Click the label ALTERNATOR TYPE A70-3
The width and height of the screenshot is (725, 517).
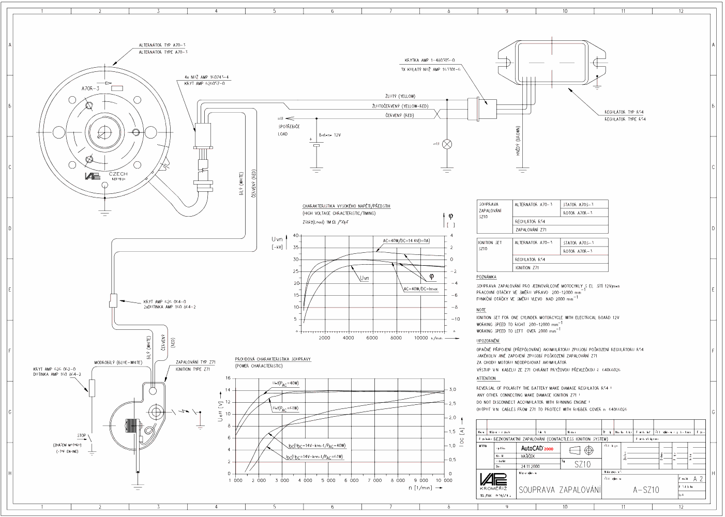[x=163, y=52]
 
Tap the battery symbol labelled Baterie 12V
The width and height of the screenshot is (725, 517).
[x=316, y=145]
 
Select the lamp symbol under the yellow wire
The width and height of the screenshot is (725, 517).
[x=448, y=143]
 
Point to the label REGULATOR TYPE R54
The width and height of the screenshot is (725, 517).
[x=625, y=119]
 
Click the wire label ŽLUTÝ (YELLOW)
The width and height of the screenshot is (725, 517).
[x=400, y=96]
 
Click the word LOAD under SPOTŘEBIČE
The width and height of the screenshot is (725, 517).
[x=282, y=134]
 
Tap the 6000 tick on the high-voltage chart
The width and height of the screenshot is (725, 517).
[x=372, y=338]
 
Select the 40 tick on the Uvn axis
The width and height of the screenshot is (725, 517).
[x=296, y=236]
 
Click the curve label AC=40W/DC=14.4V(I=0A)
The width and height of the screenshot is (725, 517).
[x=406, y=240]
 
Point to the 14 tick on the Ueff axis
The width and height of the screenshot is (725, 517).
[x=228, y=390]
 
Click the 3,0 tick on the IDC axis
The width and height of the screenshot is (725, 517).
[x=452, y=389]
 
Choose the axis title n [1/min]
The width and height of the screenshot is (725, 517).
[x=420, y=488]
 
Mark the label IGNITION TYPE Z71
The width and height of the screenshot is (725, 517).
[x=193, y=369]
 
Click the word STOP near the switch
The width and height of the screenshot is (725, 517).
[x=82, y=436]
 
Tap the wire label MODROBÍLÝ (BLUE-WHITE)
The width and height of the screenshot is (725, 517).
[x=118, y=362]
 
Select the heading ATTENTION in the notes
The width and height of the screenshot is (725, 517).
[x=486, y=378]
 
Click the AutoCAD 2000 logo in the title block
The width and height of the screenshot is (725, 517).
[x=537, y=448]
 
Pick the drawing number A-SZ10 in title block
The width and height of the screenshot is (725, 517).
[x=646, y=490]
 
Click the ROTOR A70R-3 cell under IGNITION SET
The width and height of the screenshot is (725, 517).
[x=578, y=251]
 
